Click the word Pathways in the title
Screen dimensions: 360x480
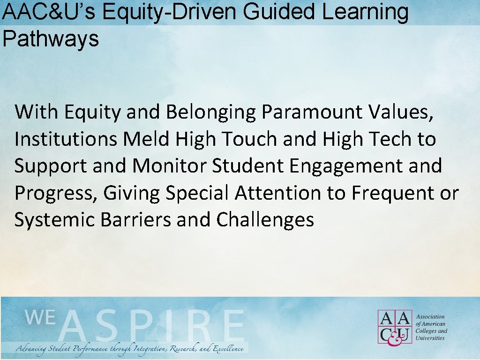[x=51, y=39]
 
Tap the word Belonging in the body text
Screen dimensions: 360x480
[x=210, y=112]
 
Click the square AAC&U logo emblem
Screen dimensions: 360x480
[x=395, y=326]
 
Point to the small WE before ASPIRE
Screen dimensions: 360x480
[x=40, y=318]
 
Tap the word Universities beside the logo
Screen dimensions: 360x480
[x=430, y=338]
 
